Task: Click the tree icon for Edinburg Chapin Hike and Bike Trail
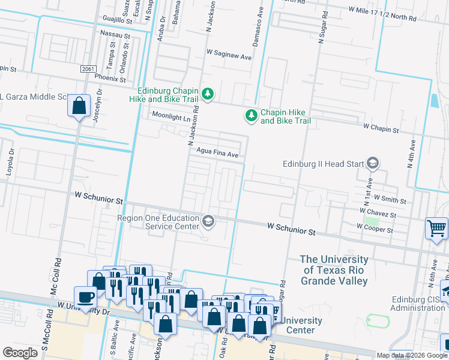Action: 208,94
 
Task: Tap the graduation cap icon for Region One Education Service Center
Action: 208,222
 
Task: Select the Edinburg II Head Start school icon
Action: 372,163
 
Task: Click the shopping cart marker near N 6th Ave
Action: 436,228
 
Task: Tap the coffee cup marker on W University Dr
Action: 85,296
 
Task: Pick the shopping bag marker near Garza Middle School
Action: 79,106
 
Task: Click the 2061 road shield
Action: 88,70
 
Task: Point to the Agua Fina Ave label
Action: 218,154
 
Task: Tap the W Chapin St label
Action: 381,129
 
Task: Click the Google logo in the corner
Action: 20,353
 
